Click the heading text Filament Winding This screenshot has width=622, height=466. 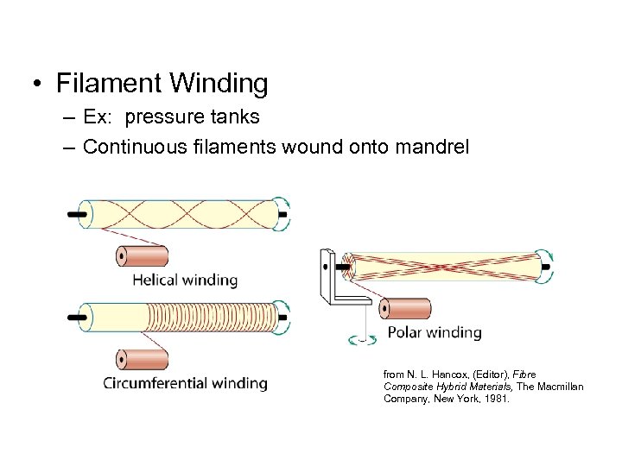(162, 84)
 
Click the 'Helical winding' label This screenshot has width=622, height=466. (184, 280)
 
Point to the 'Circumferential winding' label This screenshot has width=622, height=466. (185, 383)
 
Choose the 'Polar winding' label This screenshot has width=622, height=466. (435, 332)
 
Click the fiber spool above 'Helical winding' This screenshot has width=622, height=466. (142, 256)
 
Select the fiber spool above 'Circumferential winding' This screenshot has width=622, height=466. (142, 359)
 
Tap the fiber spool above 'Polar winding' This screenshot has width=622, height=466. (404, 308)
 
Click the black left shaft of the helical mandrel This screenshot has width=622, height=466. (75, 213)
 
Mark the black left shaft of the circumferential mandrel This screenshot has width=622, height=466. (75, 317)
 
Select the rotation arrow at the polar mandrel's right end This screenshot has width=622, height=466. (546, 268)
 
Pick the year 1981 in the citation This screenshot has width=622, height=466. (496, 400)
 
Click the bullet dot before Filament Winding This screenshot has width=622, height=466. (37, 85)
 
